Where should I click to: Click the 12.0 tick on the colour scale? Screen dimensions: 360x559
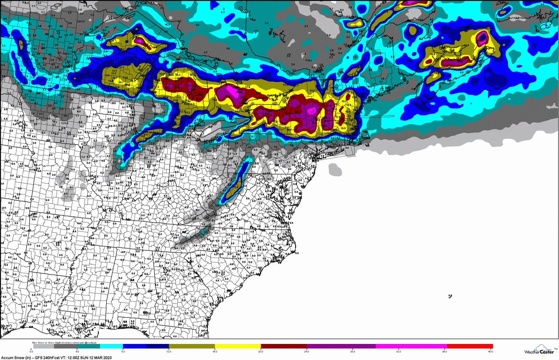(x=169, y=352)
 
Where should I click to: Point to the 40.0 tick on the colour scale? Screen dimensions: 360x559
(x=491, y=352)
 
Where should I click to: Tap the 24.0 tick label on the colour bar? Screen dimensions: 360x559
(x=306, y=352)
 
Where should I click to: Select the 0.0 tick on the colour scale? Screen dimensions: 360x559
(x=31, y=352)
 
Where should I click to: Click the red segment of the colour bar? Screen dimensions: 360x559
(x=470, y=346)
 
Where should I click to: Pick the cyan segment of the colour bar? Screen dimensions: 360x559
(x=111, y=346)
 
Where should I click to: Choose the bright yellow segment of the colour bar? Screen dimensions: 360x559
(x=238, y=346)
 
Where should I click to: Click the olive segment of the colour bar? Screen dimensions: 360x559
(x=192, y=346)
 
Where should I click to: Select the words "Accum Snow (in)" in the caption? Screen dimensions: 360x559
(x=16, y=358)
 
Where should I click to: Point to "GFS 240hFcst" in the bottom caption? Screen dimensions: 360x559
(x=49, y=358)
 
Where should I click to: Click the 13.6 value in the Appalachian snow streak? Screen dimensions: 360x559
(x=236, y=187)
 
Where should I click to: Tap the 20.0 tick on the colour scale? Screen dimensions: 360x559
(x=261, y=352)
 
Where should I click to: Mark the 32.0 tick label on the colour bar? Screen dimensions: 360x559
(x=399, y=352)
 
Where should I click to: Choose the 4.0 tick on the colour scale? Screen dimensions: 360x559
(x=77, y=352)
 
